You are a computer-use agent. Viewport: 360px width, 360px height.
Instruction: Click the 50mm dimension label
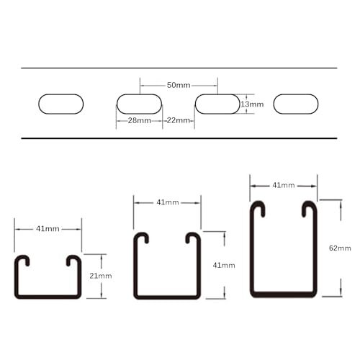178,84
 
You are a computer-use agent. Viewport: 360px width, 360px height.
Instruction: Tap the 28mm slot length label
139,120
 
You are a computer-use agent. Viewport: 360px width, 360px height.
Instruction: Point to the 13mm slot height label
254,104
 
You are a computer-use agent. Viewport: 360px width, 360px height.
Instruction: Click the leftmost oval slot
60,104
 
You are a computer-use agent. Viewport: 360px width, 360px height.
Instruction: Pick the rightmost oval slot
295,104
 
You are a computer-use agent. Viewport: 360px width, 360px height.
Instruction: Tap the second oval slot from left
139,104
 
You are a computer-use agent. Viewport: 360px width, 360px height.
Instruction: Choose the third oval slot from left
217,104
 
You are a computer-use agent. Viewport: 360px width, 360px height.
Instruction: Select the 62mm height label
340,248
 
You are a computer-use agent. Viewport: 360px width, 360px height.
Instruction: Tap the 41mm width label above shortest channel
48,229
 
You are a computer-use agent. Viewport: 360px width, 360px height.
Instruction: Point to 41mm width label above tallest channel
284,186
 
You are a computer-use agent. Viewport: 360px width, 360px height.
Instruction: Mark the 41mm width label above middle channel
167,202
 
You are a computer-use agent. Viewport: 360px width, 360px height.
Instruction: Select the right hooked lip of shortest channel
73,261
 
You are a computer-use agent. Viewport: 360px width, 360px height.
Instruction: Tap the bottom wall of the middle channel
167,296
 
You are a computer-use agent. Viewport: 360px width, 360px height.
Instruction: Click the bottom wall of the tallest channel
284,294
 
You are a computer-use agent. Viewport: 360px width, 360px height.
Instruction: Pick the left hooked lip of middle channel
143,238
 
